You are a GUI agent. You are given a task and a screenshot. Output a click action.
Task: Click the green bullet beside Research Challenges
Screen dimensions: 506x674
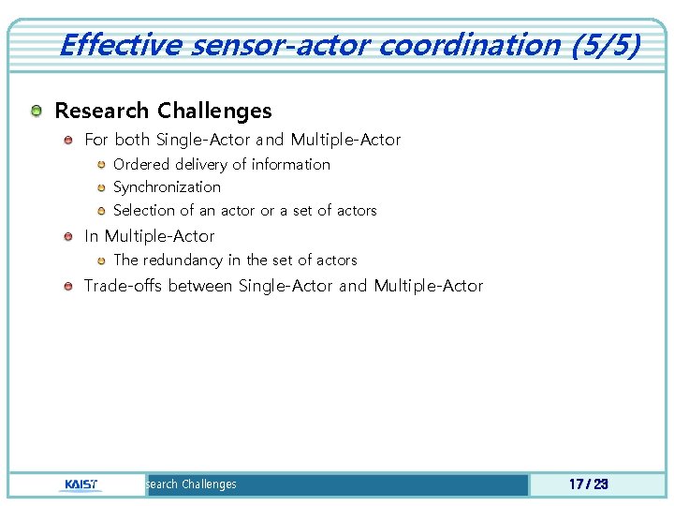pyautogui.click(x=36, y=112)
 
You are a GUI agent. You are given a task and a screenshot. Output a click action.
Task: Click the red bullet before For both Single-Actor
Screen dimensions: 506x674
pyautogui.click(x=69, y=141)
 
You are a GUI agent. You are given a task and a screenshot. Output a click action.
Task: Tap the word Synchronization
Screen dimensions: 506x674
pyautogui.click(x=167, y=186)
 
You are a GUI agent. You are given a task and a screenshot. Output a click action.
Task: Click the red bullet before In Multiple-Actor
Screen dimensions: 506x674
pyautogui.click(x=69, y=237)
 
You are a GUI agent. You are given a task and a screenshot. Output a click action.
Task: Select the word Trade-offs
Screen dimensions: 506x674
pyautogui.click(x=124, y=286)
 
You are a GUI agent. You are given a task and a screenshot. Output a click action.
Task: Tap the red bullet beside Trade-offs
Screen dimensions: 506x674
pyautogui.click(x=69, y=287)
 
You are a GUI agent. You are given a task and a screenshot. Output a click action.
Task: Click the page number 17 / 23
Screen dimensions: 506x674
pyautogui.click(x=589, y=484)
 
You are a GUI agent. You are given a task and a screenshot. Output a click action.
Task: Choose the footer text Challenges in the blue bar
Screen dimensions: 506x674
pyautogui.click(x=209, y=484)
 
